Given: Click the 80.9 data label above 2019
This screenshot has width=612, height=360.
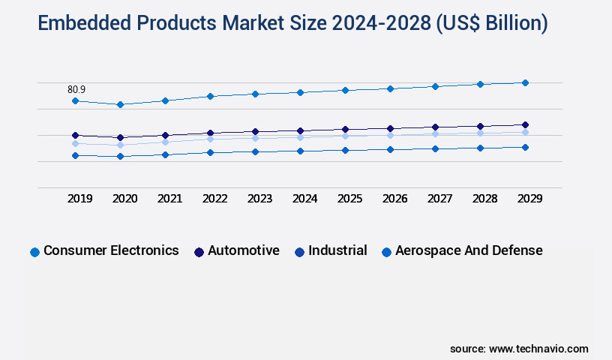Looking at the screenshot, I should click(76, 89).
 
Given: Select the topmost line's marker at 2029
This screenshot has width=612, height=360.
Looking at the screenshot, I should click(525, 82).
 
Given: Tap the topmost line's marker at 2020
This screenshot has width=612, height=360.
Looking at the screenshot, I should click(120, 104).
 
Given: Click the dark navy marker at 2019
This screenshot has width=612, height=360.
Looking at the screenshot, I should click(75, 136).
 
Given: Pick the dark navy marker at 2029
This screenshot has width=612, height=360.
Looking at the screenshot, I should click(525, 124).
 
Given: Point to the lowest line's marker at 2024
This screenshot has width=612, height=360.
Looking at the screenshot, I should click(300, 151).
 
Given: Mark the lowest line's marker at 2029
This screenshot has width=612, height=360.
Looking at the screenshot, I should click(525, 147).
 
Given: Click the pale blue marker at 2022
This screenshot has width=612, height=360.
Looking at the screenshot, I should click(210, 139).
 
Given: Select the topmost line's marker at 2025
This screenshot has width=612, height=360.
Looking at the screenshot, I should click(345, 90).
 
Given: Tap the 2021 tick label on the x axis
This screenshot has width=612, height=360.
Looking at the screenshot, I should click(169, 199).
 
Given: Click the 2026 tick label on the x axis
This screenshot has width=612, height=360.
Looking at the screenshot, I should click(394, 199).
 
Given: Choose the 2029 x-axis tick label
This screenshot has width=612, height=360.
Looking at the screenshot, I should click(529, 199).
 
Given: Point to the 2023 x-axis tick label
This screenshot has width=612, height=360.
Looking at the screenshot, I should click(259, 199).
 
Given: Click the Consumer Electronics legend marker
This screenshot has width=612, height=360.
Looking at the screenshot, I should click(34, 252).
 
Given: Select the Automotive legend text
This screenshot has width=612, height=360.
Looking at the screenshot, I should click(244, 250).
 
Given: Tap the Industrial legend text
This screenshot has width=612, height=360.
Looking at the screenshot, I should click(337, 250).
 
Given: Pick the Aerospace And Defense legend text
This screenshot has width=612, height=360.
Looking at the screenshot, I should click(469, 250).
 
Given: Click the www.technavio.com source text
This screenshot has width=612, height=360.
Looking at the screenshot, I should click(538, 349).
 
